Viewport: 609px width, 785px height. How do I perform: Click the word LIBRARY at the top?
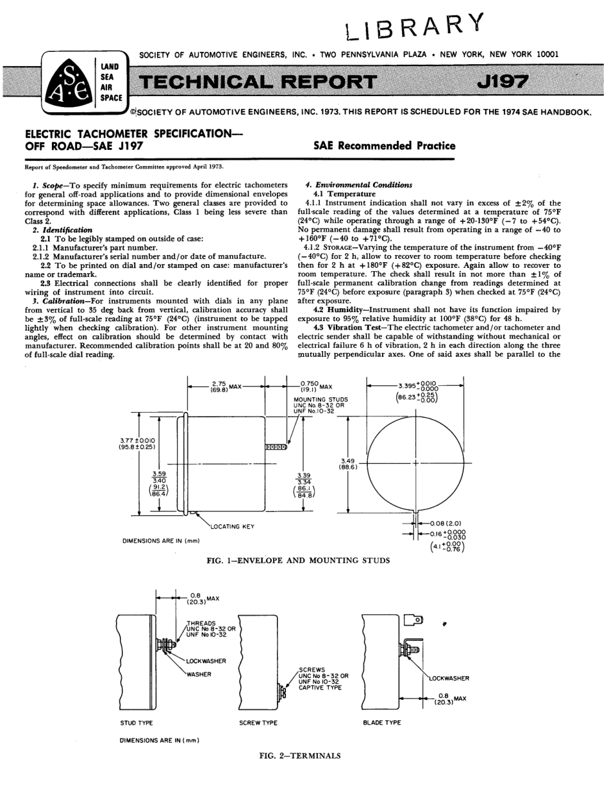coord(413,24)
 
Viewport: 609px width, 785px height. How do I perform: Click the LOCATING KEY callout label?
coord(232,526)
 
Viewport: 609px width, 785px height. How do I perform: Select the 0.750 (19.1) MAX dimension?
coord(315,386)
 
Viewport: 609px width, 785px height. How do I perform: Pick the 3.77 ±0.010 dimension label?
coord(135,443)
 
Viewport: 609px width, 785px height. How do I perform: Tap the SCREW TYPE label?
coord(258,723)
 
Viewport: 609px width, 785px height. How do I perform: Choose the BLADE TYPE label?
coord(381,723)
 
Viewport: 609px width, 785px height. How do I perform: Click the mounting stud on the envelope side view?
coord(276,447)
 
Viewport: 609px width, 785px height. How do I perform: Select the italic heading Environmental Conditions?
coord(362,185)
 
